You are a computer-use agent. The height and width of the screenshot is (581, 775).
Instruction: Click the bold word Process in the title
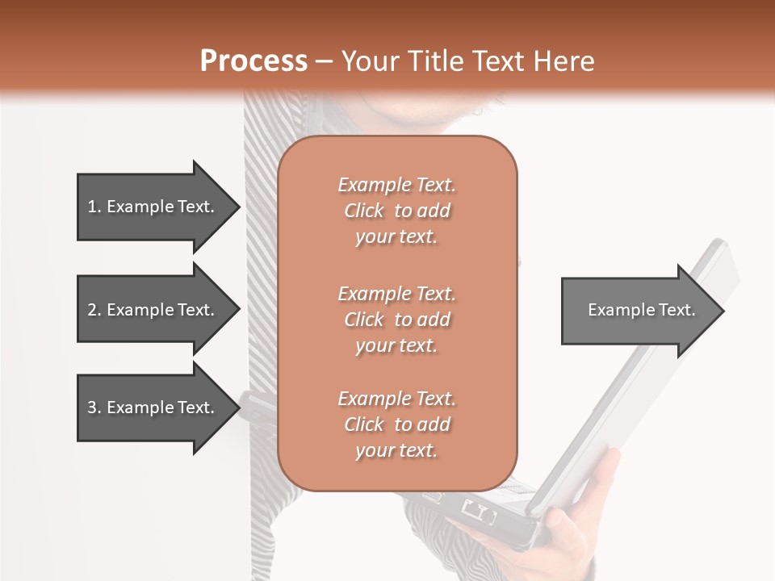tap(253, 61)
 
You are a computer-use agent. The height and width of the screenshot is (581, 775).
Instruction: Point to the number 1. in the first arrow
tap(94, 207)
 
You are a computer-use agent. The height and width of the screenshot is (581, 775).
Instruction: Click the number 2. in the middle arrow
tap(94, 310)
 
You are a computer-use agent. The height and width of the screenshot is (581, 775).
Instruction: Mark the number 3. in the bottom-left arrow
tap(94, 408)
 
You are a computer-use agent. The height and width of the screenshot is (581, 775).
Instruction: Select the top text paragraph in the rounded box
tap(396, 211)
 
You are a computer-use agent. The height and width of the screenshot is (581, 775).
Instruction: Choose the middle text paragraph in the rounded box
tap(396, 320)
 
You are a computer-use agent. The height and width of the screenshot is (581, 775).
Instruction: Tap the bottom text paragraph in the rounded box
tap(396, 424)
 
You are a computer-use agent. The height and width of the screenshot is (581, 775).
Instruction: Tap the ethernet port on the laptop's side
tap(478, 510)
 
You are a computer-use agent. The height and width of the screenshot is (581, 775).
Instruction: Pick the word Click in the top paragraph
tap(364, 211)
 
